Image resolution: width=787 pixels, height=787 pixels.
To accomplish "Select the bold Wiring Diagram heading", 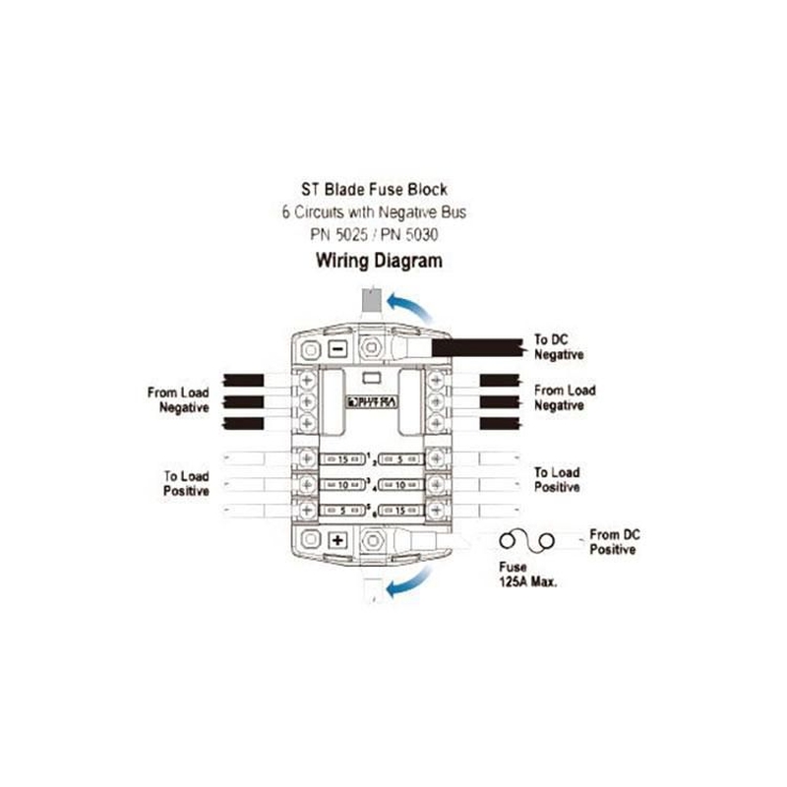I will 378,262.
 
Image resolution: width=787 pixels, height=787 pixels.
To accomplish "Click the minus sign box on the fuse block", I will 336,348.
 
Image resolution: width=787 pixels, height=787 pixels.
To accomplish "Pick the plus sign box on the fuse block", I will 336,540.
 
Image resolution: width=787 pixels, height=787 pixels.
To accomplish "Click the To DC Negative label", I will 559,347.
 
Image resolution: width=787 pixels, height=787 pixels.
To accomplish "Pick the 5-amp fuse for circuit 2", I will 398,458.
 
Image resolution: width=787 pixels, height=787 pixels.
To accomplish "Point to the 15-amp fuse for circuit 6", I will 398,511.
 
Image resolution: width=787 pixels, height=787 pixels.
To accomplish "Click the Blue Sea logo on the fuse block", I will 371,401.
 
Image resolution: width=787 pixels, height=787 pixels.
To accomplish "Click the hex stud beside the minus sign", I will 372,347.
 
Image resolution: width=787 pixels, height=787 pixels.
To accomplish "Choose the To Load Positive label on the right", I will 557,480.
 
